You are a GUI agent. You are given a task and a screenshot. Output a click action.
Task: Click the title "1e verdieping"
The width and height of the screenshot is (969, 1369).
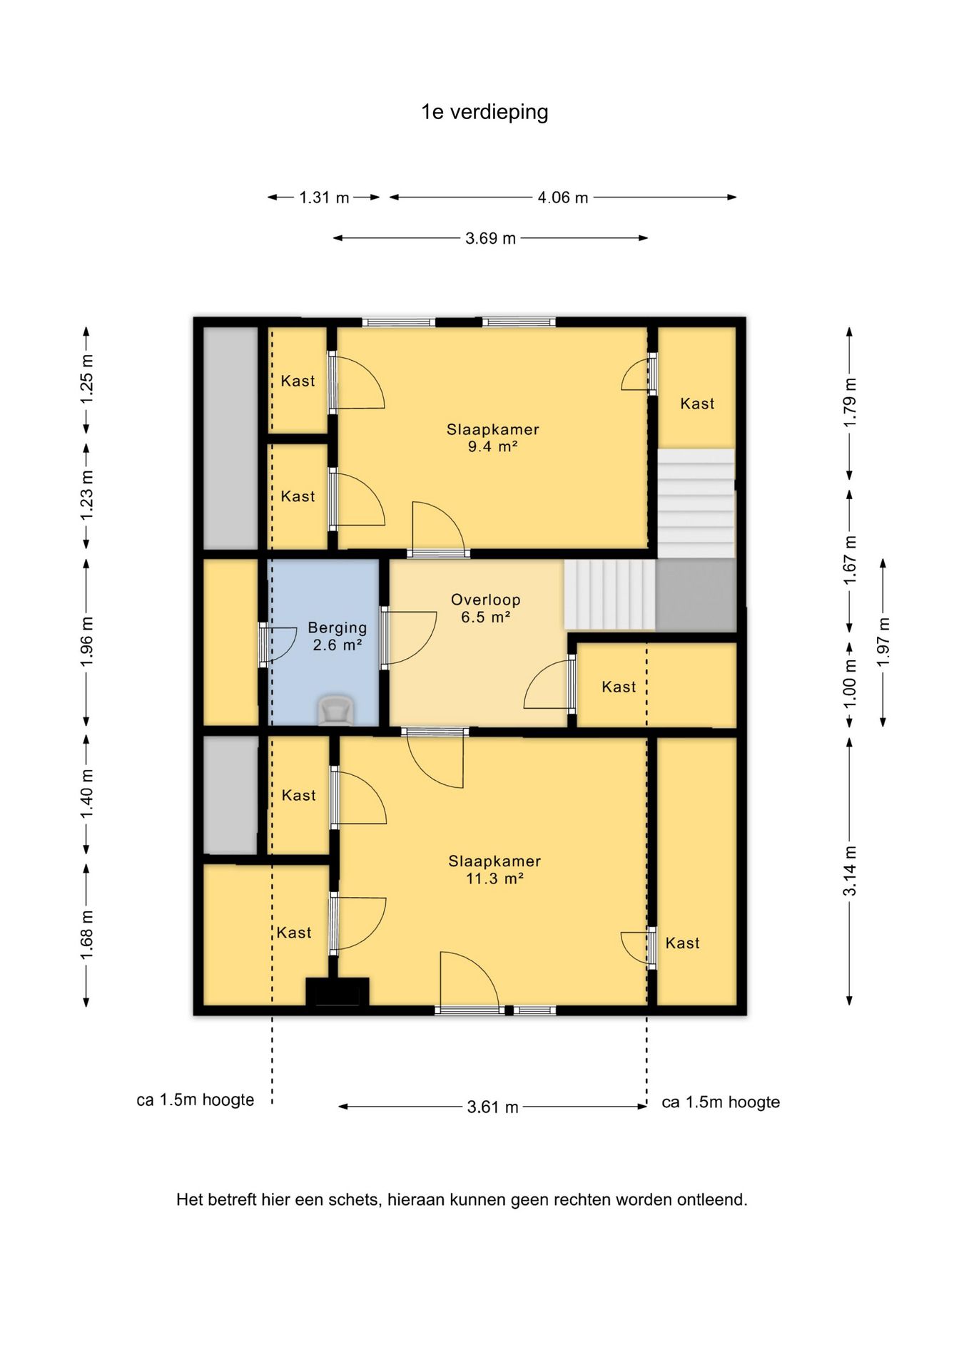(x=484, y=113)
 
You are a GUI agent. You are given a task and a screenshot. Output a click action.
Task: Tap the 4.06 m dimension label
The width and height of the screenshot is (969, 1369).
(x=563, y=198)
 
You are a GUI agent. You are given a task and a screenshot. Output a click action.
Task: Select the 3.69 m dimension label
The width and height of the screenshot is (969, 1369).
(x=490, y=238)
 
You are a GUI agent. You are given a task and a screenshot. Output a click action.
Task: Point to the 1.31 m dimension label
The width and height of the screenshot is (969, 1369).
(x=324, y=198)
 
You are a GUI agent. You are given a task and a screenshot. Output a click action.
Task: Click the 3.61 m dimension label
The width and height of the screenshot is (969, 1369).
(x=492, y=1107)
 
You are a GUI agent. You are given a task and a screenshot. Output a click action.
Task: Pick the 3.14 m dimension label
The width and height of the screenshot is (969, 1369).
(x=850, y=871)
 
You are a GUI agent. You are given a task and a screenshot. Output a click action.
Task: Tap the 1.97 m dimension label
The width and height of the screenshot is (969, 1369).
(x=883, y=642)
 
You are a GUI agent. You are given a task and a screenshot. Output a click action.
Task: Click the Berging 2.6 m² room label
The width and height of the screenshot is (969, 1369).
(x=338, y=636)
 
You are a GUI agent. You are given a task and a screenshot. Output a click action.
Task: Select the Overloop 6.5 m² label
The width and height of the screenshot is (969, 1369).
(x=486, y=608)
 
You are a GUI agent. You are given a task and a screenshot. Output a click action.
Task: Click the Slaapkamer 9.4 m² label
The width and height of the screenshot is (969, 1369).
(x=493, y=438)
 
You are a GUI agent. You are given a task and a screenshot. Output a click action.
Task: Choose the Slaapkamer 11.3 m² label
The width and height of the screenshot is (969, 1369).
(x=494, y=870)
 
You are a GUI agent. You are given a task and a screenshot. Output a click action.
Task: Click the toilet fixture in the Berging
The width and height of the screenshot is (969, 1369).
(x=335, y=710)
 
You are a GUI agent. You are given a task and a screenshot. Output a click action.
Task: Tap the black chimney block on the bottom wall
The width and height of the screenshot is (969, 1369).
(x=338, y=992)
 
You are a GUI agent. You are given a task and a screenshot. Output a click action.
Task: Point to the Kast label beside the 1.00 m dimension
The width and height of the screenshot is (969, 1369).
(x=619, y=687)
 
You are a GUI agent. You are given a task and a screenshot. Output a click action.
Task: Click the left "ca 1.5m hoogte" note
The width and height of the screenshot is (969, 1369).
(x=196, y=1100)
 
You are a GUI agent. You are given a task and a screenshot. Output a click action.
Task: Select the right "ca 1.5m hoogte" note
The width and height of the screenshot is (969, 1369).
(x=721, y=1102)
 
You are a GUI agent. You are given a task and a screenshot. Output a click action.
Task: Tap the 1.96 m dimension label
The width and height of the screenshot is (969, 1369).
(x=87, y=642)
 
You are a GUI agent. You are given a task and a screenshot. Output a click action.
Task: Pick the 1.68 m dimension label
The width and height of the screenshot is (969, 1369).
(x=87, y=935)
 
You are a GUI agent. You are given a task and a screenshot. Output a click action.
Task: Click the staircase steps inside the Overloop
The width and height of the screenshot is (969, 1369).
(x=610, y=595)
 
